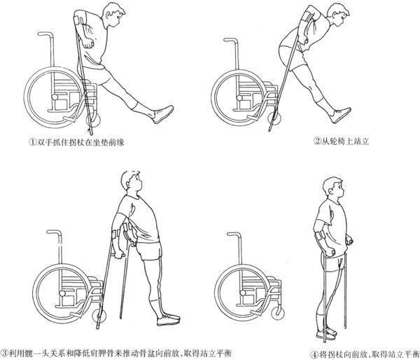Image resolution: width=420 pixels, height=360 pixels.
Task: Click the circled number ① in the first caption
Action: [x=32, y=141]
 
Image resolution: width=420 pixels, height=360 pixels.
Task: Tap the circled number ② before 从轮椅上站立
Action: [x=317, y=141]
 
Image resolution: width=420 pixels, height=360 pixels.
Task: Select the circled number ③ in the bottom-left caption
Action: [x=5, y=352]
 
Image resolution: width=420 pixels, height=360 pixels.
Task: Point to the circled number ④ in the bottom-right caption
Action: [x=315, y=354]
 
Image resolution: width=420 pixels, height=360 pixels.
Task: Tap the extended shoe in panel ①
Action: [x=163, y=114]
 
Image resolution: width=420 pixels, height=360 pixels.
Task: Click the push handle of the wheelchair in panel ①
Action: [x=45, y=34]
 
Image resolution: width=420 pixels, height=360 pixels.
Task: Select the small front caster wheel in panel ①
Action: [x=93, y=120]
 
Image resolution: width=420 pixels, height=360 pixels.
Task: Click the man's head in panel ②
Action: [x=339, y=15]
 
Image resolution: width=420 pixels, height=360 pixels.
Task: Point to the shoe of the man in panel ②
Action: [x=340, y=116]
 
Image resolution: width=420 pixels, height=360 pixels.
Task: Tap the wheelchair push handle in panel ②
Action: [x=231, y=40]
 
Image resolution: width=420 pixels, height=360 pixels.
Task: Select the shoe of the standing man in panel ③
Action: [x=168, y=319]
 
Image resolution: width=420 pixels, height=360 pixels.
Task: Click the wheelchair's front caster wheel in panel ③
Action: [x=99, y=317]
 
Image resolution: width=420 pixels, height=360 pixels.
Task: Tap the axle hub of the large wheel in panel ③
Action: [x=62, y=293]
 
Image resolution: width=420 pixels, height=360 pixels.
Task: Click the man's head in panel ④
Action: [x=333, y=188]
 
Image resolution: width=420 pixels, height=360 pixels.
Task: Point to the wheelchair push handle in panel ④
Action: [x=234, y=235]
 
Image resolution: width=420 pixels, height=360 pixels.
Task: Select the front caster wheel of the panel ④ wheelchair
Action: [x=278, y=313]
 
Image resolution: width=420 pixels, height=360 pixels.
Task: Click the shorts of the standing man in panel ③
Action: [x=149, y=250]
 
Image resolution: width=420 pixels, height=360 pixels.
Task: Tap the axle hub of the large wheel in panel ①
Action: [x=55, y=97]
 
